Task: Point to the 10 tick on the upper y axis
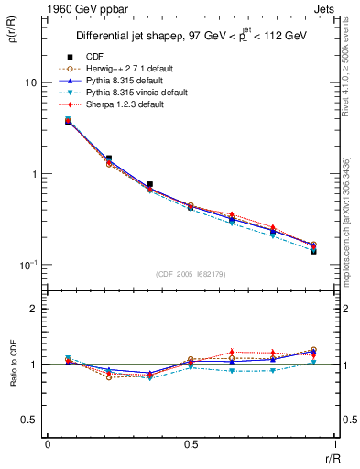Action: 31,82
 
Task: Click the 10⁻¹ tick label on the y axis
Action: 29,265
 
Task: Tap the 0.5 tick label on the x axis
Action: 190,442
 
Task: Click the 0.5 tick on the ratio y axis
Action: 29,420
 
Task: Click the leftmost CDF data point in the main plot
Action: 69,120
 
